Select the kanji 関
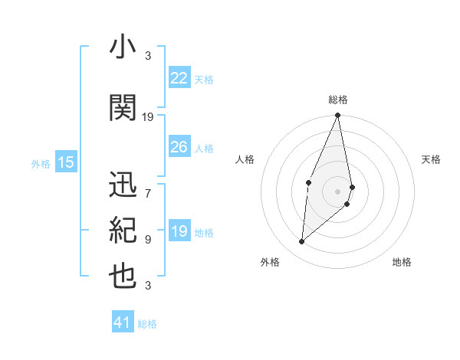[x=123, y=108]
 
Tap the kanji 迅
[x=123, y=185]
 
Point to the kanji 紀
[x=123, y=231]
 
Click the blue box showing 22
[x=179, y=78]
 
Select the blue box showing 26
[x=179, y=147]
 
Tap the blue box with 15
[x=66, y=162]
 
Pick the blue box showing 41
[x=123, y=323]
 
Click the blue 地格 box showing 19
[x=179, y=232]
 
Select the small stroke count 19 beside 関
[x=148, y=117]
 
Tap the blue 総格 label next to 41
[x=147, y=324]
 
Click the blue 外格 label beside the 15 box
[x=41, y=163]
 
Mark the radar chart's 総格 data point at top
[x=337, y=116]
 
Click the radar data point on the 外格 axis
[x=302, y=241]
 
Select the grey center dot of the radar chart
[x=337, y=191]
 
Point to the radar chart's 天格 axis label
[x=431, y=159]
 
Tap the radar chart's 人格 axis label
[x=245, y=159]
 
